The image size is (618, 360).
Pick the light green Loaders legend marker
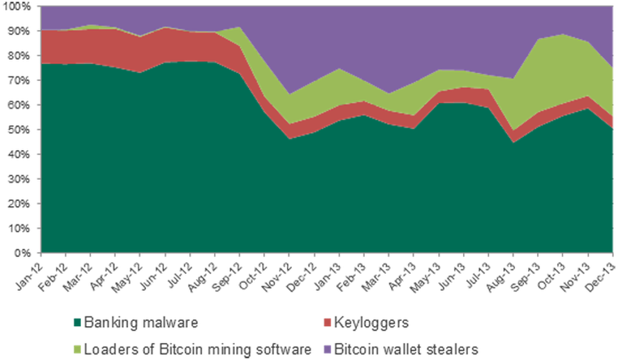pyautogui.click(x=77, y=348)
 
